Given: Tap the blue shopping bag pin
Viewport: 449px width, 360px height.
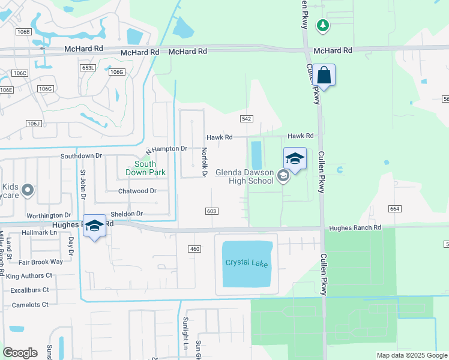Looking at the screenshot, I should (x=324, y=76).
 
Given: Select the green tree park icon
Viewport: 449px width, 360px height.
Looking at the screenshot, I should (x=324, y=25).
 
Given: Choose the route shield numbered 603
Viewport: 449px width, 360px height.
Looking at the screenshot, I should (x=211, y=211).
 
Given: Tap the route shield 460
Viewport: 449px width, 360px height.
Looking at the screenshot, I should (x=194, y=249).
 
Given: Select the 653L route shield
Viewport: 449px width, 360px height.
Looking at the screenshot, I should (x=88, y=68).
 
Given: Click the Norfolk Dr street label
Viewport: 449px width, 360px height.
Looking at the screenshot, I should (x=204, y=163).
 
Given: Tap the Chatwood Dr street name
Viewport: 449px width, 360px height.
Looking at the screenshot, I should (x=137, y=191).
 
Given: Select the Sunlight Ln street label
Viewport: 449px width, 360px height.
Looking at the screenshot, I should (x=186, y=334).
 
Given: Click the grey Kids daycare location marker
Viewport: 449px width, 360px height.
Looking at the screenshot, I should (x=27, y=191).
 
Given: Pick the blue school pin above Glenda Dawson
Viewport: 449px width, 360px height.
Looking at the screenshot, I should (x=295, y=159).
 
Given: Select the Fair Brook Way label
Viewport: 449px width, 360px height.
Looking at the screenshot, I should (x=40, y=262).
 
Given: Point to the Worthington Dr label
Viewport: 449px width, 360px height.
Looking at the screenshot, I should (x=49, y=215).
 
